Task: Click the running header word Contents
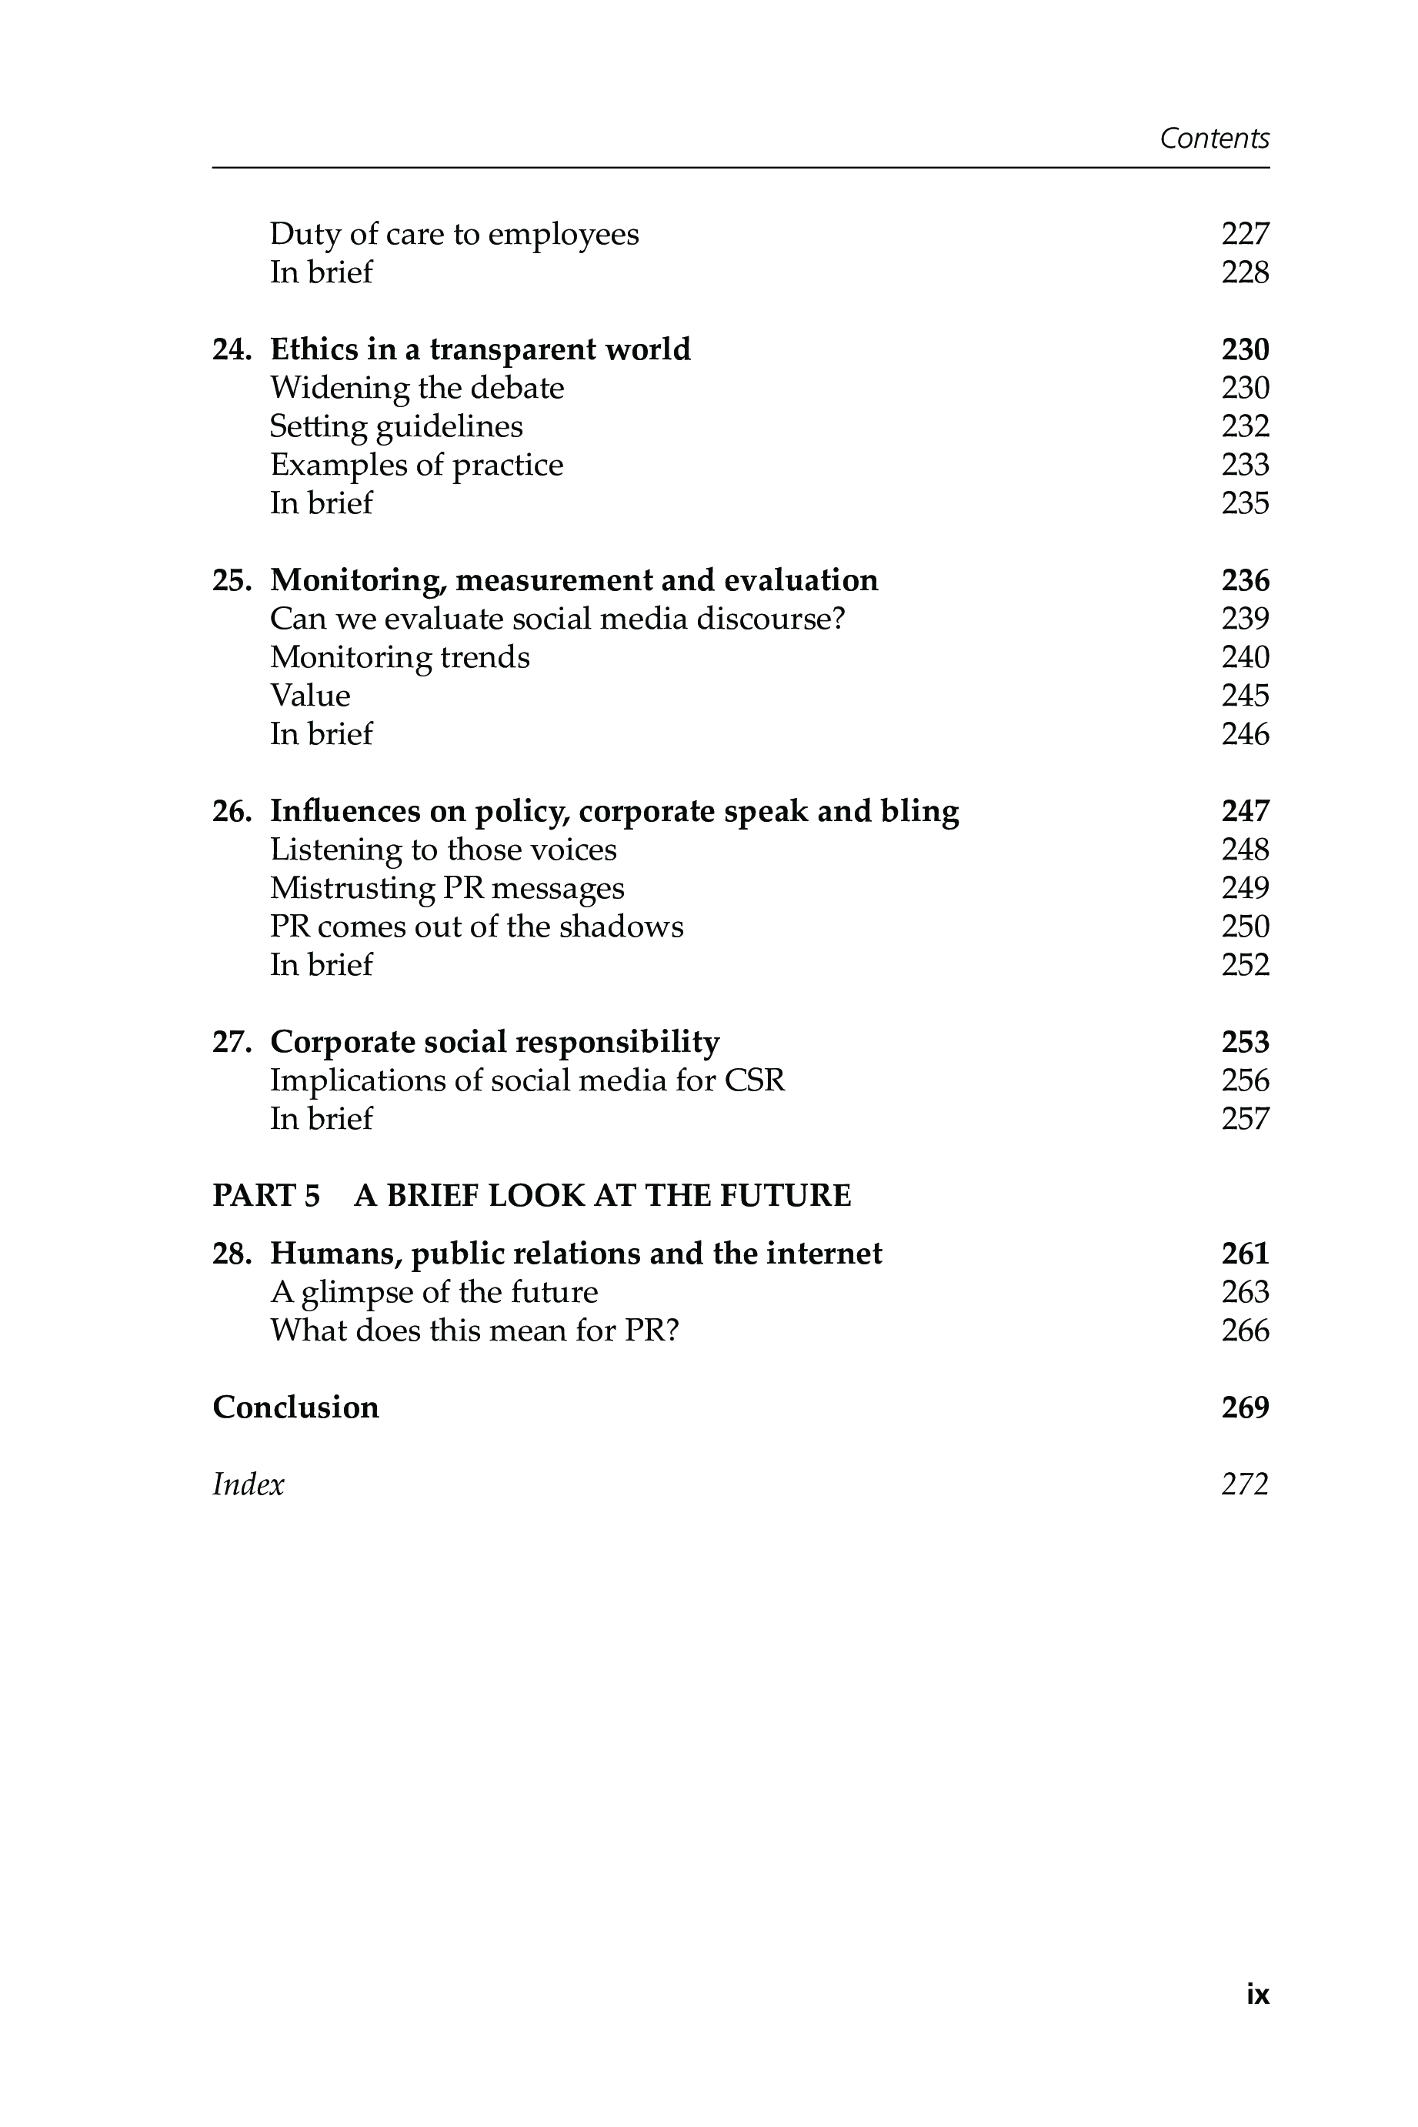[1213, 139]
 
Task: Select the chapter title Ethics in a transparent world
[479, 349]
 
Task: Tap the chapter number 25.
[231, 580]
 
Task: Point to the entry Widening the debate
[417, 388]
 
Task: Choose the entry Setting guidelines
[396, 426]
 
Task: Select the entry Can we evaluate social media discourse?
[557, 619]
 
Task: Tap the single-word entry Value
[310, 696]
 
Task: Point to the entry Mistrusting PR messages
[447, 888]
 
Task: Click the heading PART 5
[266, 1196]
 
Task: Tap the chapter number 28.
[231, 1254]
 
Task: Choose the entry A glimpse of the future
[434, 1292]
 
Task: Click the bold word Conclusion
[295, 1407]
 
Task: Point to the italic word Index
[248, 1484]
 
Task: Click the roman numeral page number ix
[1257, 1994]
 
